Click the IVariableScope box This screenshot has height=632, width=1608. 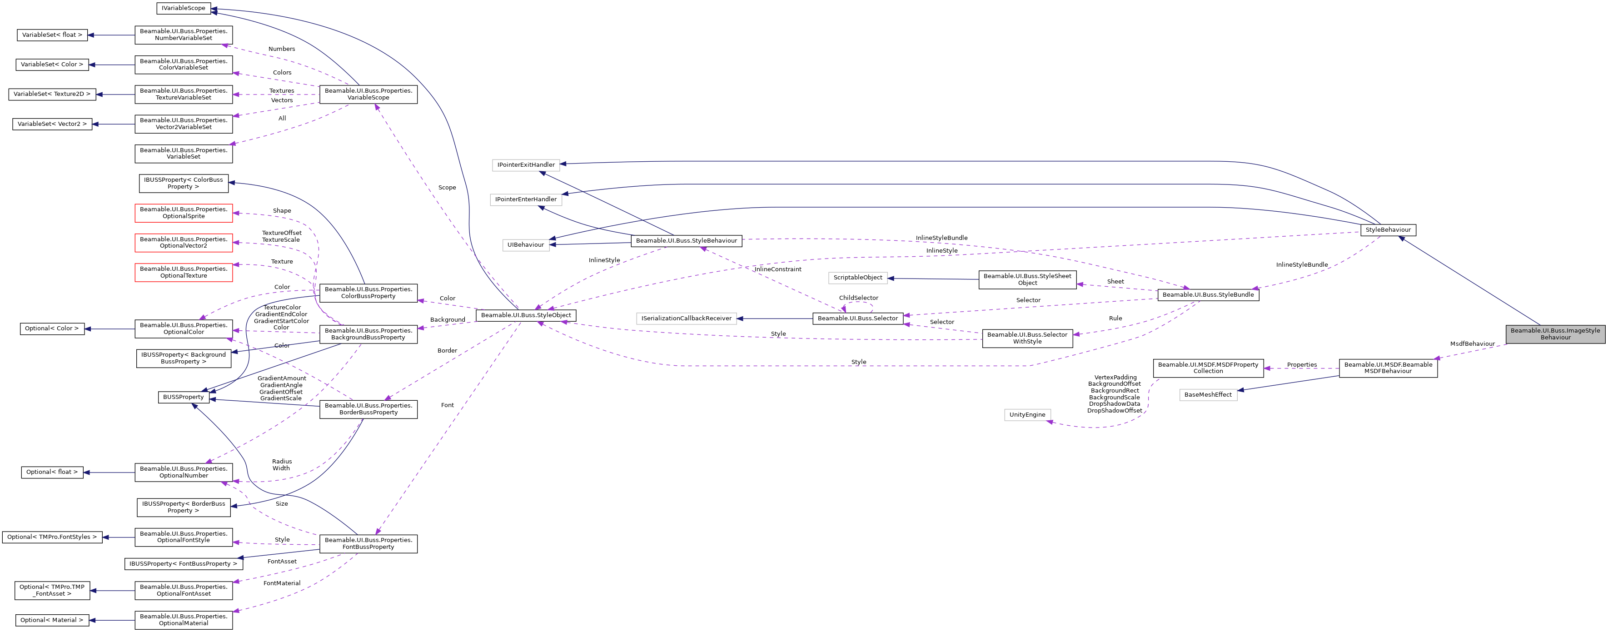click(183, 8)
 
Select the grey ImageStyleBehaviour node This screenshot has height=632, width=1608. click(1555, 334)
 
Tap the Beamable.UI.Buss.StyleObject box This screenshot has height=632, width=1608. click(526, 315)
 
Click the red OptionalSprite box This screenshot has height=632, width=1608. click(184, 213)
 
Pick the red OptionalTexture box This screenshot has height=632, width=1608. click(184, 272)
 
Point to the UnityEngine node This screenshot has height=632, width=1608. click(1027, 415)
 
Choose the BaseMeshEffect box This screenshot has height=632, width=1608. click(1208, 395)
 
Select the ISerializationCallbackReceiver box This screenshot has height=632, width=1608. click(686, 318)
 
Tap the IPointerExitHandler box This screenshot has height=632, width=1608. click(526, 165)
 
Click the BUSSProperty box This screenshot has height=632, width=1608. click(183, 397)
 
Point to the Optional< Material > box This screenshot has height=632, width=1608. click(51, 620)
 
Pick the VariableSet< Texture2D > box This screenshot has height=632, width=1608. click(52, 95)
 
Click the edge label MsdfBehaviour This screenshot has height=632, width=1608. click(1472, 344)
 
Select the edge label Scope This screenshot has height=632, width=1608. click(447, 187)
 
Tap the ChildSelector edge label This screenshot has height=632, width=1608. click(858, 298)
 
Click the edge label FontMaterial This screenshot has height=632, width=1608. click(282, 583)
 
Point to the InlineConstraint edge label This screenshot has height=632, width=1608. click(778, 269)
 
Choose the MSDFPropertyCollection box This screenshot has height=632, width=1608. click(1208, 368)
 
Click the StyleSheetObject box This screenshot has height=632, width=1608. click(1027, 280)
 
